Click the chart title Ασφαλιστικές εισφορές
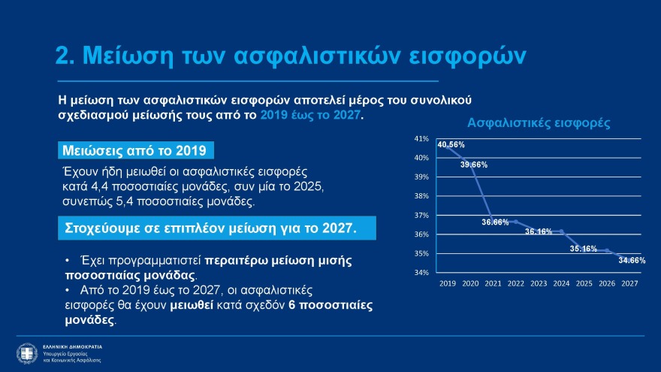538,122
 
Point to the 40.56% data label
451,144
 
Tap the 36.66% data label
496,222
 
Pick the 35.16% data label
584,248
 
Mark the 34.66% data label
632,260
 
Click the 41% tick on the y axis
421,139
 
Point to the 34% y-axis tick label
421,273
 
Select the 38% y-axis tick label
421,196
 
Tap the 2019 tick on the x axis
447,284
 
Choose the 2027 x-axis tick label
630,284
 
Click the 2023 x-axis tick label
539,284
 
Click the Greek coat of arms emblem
27,352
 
